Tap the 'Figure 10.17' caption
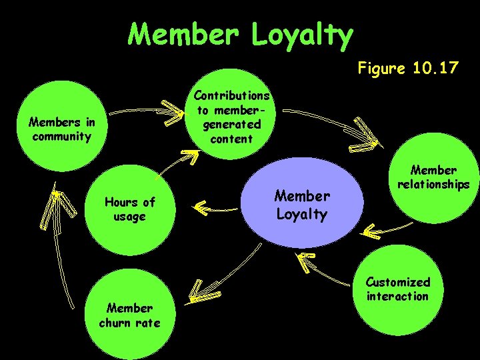coord(408,67)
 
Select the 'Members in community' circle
coord(61,130)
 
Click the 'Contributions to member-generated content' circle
coord(231,117)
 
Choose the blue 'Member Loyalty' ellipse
coord(302,205)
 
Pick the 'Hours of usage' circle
coord(129,209)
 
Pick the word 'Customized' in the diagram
coord(398,282)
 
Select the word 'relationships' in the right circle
coord(433,184)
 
